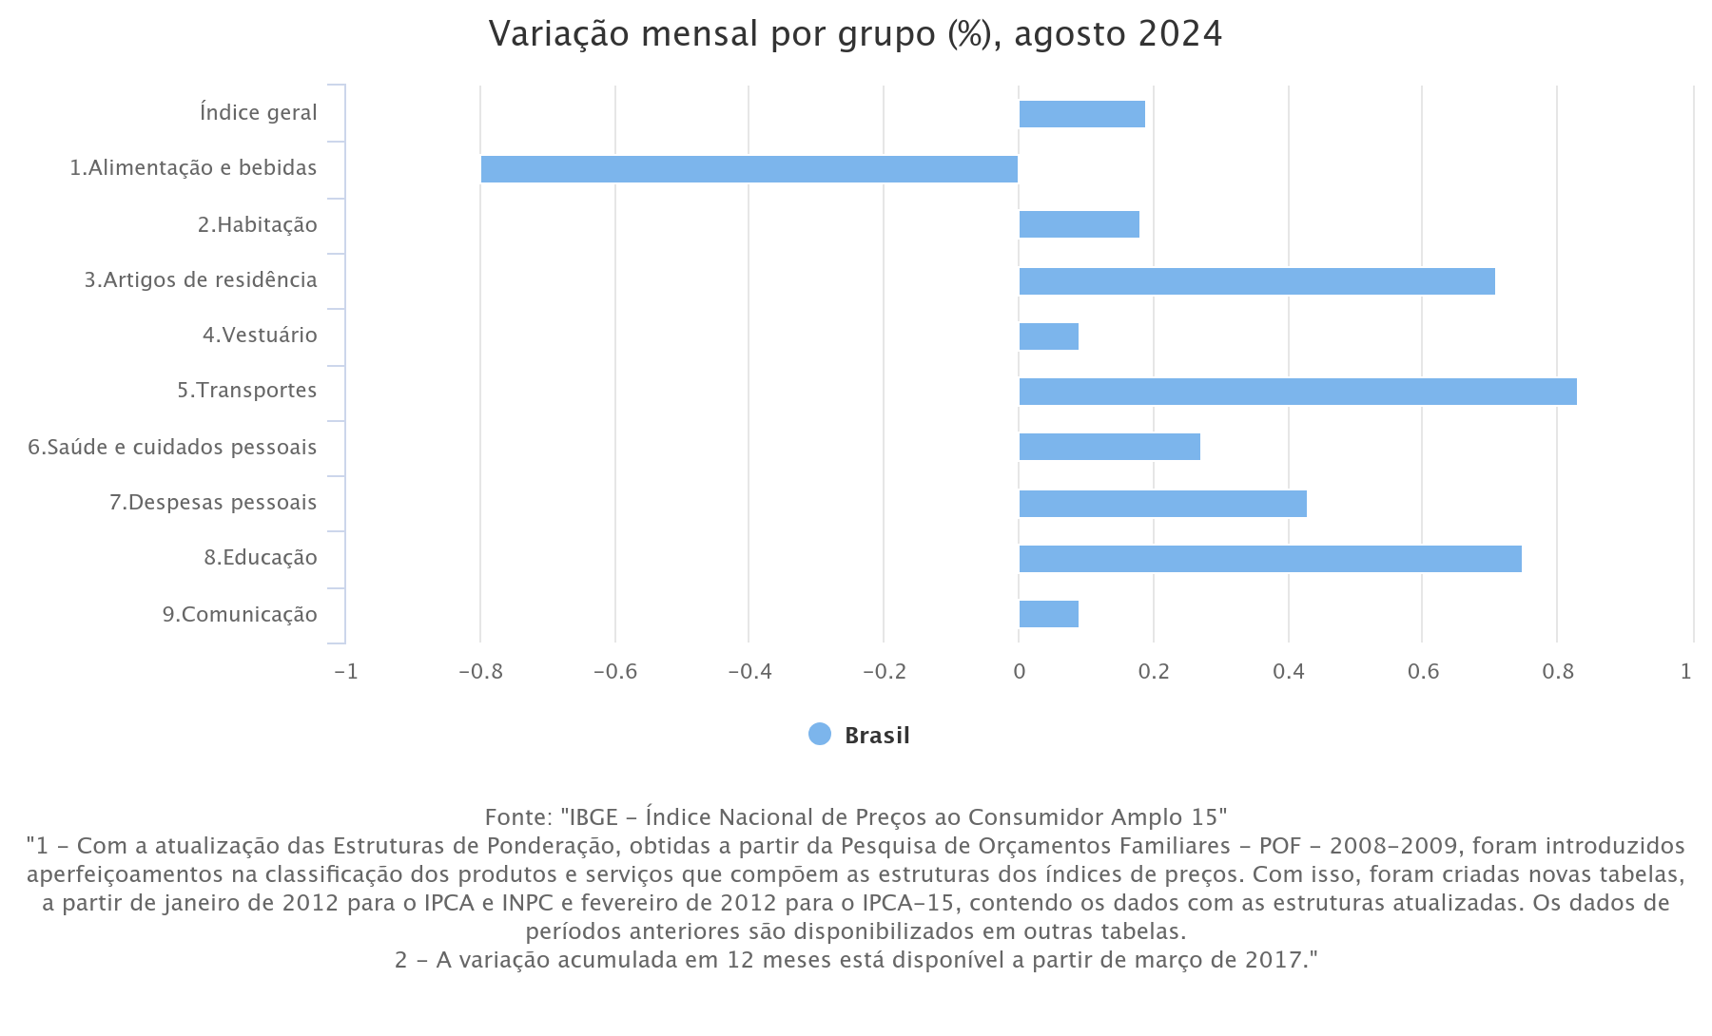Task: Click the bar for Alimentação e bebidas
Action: [x=749, y=169]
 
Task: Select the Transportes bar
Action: [x=1297, y=392]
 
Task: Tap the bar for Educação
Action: [x=1270, y=559]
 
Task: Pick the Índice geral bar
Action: [x=1081, y=114]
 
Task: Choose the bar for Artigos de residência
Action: [x=1256, y=281]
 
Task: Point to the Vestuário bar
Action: [x=1048, y=336]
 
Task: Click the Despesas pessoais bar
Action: [x=1162, y=504]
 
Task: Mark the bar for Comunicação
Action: [x=1048, y=614]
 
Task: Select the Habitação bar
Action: [x=1079, y=224]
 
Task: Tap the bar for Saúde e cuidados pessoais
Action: [x=1109, y=447]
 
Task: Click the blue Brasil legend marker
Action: [x=819, y=734]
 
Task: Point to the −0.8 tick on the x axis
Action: [x=479, y=672]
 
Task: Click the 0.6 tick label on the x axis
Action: [x=1423, y=672]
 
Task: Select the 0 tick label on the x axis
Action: [x=1019, y=672]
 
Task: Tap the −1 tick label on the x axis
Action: [x=345, y=672]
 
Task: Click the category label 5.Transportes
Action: [x=246, y=391]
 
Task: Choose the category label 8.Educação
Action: [x=260, y=558]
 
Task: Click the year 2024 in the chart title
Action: [x=1179, y=34]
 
